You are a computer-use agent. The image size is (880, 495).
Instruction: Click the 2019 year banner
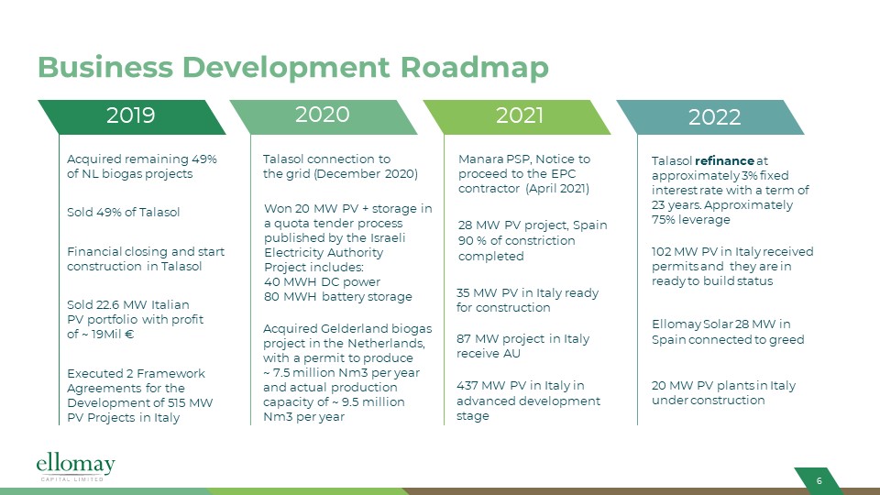pos(131,116)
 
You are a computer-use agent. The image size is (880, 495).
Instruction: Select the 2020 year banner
pos(324,116)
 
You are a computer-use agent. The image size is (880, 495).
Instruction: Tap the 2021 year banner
pos(517,116)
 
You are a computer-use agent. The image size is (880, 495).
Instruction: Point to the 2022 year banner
pos(710,116)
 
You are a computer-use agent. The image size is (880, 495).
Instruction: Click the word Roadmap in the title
pos(474,67)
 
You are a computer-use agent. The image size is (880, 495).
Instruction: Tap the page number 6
pos(819,480)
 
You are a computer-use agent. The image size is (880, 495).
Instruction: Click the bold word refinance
pos(724,160)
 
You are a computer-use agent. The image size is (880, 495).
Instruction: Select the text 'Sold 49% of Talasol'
pos(124,212)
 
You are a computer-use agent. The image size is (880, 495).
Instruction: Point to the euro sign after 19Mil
pos(129,334)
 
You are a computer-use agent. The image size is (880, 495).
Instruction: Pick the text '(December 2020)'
pos(366,173)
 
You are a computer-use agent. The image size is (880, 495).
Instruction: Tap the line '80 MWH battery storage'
pos(338,296)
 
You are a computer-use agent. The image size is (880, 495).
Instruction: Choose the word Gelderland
pos(354,328)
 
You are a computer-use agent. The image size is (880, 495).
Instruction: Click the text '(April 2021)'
pos(557,189)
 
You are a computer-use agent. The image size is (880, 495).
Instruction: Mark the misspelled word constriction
pos(541,240)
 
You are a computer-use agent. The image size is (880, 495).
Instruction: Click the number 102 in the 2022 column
pos(661,251)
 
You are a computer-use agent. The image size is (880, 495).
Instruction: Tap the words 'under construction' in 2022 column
pos(709,401)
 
